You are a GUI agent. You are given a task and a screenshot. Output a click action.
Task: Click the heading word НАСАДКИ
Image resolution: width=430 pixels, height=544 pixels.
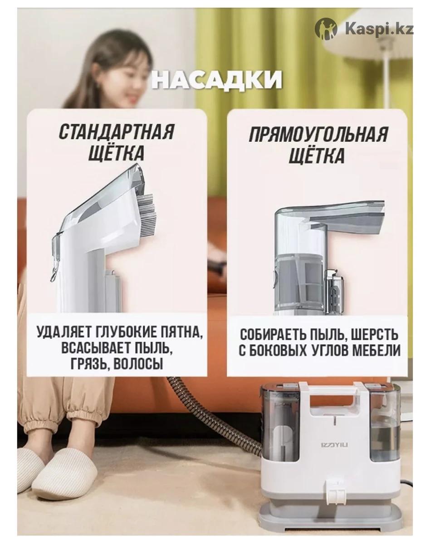(216, 80)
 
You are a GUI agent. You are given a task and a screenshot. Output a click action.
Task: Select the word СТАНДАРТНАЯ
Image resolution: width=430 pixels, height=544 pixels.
(117, 132)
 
